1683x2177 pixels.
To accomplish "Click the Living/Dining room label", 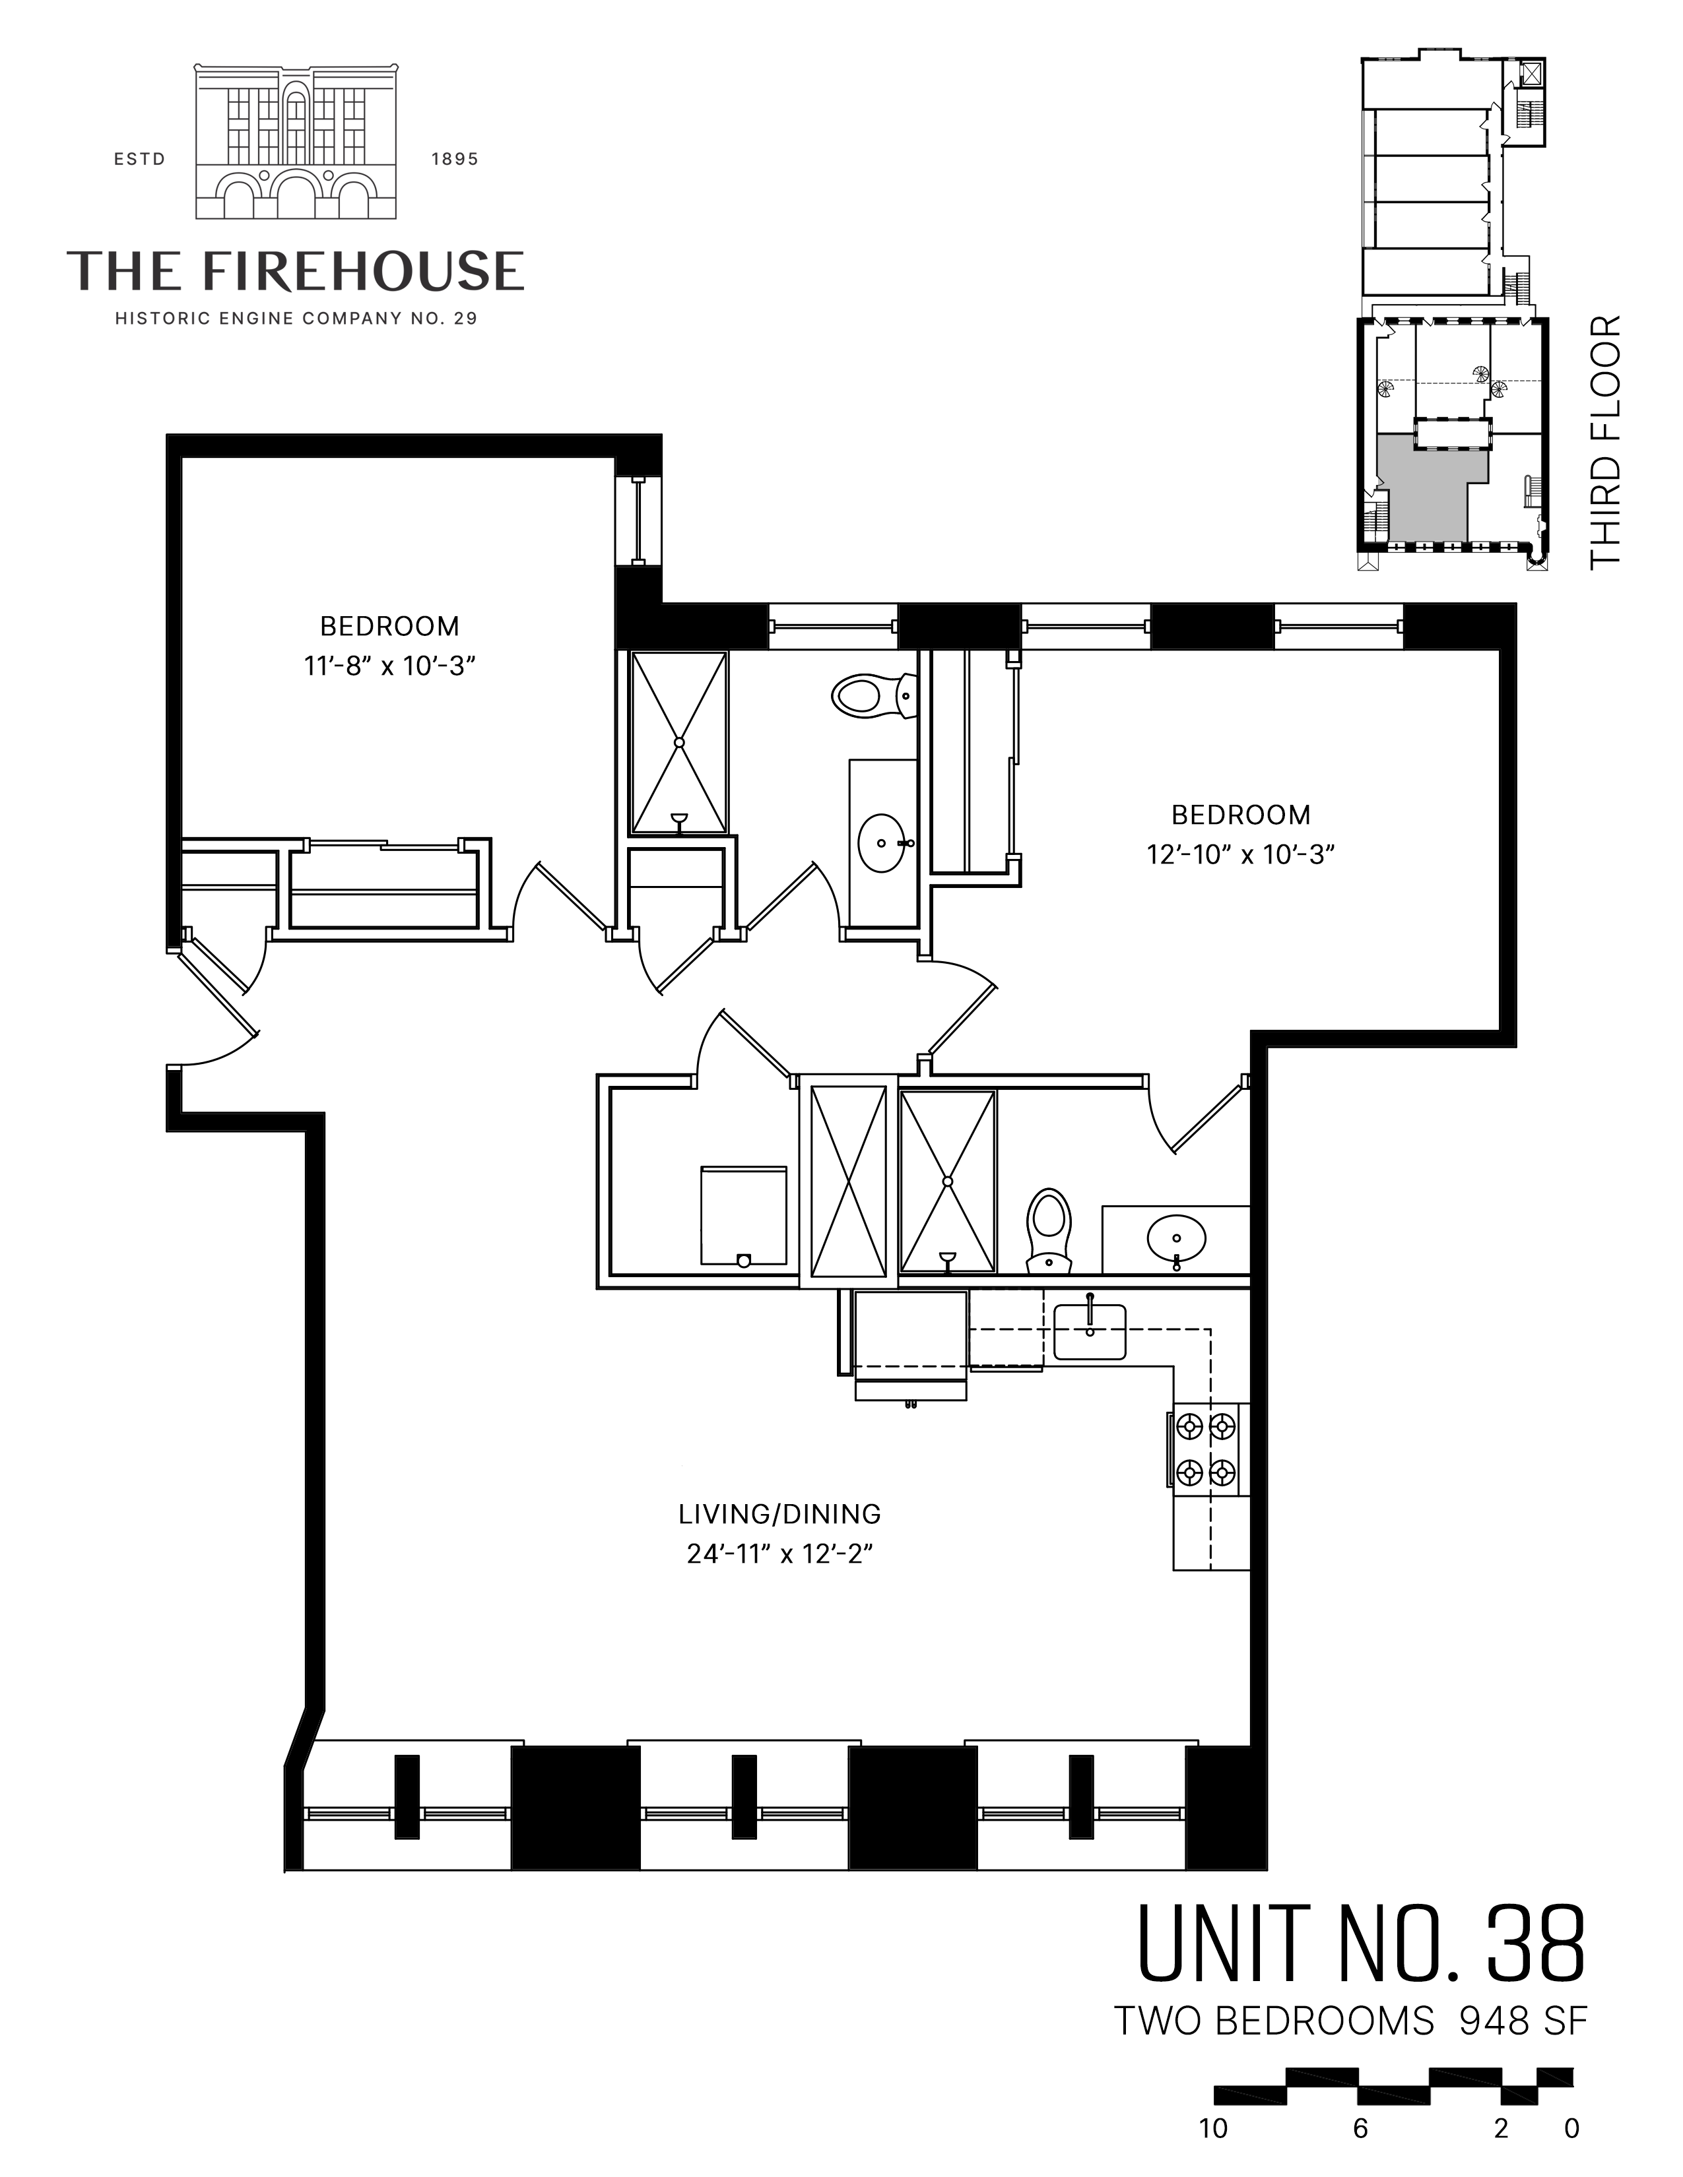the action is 779,1513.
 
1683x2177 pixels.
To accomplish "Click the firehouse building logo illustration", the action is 297,142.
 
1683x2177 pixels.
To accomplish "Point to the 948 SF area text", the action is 1523,2021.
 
